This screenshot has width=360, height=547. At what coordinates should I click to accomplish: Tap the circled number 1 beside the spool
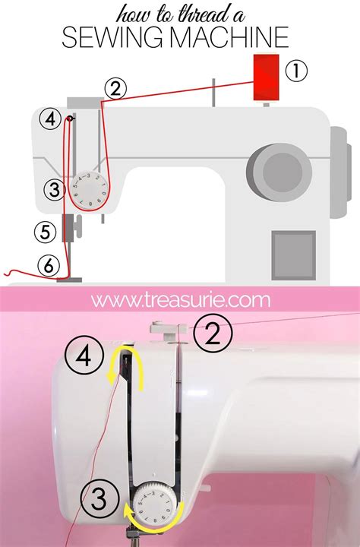coord(296,72)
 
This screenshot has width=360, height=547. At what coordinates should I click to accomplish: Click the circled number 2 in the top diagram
coord(115,89)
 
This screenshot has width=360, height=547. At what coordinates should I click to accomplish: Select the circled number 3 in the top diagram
coord(52,190)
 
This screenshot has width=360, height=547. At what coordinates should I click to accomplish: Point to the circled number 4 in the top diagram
coord(51,119)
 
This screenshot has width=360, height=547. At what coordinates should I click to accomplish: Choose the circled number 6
coord(47,266)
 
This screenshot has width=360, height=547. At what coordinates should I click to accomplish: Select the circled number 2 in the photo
coord(213,333)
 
